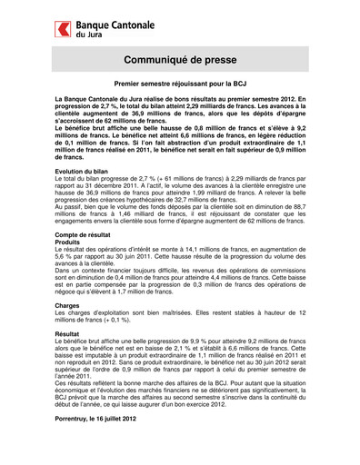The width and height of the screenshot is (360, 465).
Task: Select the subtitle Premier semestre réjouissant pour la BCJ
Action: (179, 82)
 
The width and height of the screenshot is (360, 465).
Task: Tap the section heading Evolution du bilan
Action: (83, 172)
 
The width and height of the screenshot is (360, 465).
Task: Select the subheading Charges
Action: (68, 306)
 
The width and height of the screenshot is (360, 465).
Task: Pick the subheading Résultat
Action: (69, 334)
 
